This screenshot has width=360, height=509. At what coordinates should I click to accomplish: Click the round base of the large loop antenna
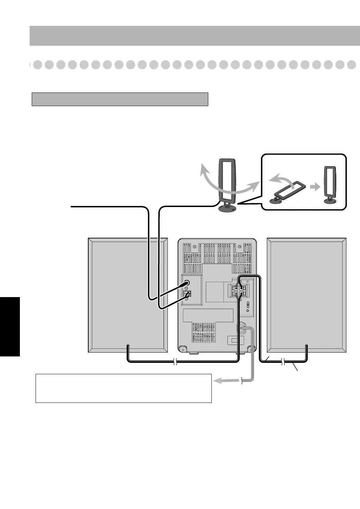(226, 209)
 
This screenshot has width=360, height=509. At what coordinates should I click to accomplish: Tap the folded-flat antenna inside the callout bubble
(289, 191)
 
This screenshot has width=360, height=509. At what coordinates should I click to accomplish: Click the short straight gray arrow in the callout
(315, 187)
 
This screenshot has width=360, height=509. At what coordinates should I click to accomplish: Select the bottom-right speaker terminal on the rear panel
(241, 294)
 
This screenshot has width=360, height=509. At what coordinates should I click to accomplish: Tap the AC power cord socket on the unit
(241, 329)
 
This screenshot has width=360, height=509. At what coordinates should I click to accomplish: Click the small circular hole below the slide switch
(248, 311)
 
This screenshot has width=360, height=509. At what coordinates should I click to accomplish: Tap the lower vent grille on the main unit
(203, 332)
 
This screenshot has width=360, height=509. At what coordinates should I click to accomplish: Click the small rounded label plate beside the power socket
(234, 340)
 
